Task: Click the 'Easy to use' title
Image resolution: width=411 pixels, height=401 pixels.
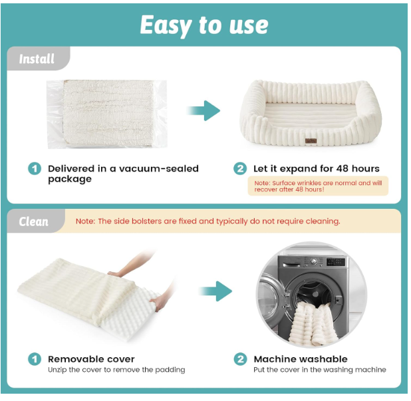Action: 204,25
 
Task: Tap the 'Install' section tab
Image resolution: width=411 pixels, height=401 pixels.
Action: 37,59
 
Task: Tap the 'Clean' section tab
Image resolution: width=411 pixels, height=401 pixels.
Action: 34,221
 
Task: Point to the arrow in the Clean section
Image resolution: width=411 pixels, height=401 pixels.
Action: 214,291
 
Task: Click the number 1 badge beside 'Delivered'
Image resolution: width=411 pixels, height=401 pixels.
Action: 35,169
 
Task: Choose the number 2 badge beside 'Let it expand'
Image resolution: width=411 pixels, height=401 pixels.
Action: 240,169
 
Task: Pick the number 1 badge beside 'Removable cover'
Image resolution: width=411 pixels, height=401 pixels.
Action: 35,359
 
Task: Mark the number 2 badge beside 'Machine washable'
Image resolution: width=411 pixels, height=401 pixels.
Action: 240,359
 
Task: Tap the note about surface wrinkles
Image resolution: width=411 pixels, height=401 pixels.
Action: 318,186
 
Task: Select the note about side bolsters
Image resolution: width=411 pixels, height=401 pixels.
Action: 207,221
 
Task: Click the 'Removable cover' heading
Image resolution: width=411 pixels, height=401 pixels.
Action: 91,359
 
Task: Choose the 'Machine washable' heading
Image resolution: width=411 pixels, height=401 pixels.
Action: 301,359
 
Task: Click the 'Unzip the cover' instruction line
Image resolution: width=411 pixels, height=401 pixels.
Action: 116,370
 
